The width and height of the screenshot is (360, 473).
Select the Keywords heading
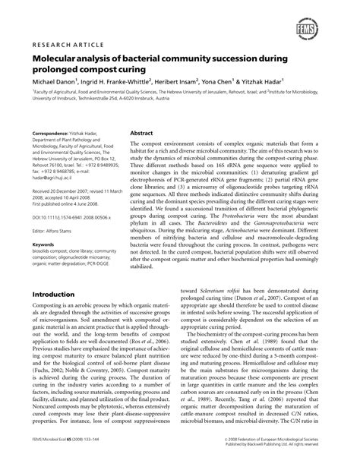(x=45, y=244)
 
